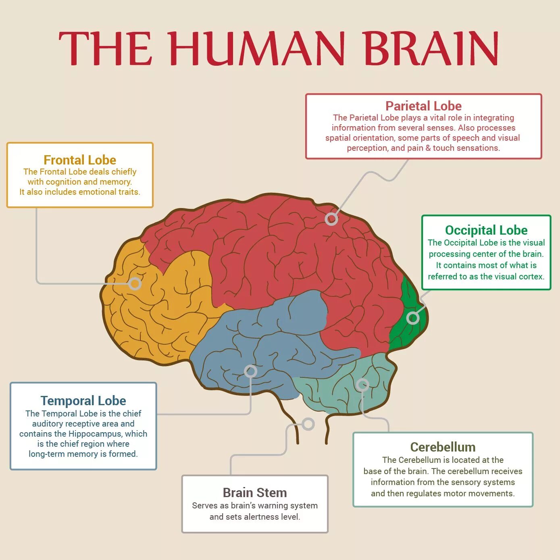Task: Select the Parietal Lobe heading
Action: pos(423,106)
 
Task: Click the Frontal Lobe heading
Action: pos(80,160)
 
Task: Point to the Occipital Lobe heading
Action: pos(486,230)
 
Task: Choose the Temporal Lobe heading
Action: pos(83,401)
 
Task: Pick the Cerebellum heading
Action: pos(443,447)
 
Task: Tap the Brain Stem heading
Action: pos(255,493)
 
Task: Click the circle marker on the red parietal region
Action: pos(331,219)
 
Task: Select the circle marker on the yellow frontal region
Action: pos(135,284)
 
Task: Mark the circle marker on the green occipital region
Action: pos(413,318)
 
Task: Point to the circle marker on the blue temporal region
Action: pos(250,371)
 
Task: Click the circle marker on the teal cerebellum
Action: pos(362,385)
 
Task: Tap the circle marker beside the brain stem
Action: pos(308,424)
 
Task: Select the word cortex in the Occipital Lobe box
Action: pos(531,277)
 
